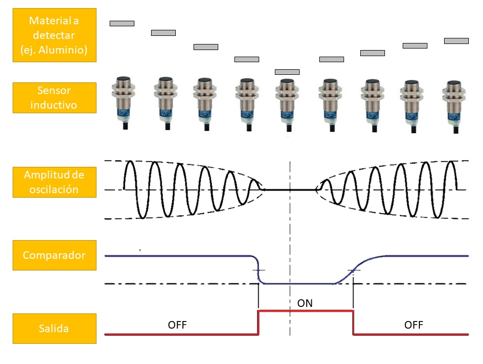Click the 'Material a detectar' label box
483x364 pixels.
pyautogui.click(x=54, y=36)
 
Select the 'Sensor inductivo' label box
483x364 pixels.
pyautogui.click(x=54, y=98)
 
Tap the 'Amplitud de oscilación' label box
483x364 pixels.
pyautogui.click(x=54, y=182)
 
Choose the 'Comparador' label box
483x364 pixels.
pyautogui.click(x=54, y=255)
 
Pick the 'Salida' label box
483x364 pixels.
pyautogui.click(x=54, y=329)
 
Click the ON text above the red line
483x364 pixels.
pyautogui.click(x=305, y=303)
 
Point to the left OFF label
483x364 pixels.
pyautogui.click(x=177, y=325)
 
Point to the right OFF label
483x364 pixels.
pyautogui.click(x=414, y=325)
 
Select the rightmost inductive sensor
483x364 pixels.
pyautogui.click(x=453, y=101)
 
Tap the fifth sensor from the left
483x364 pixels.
pyautogui.click(x=287, y=101)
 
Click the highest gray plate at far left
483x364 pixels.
pyautogui.click(x=122, y=23)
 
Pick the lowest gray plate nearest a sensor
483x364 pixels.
pyautogui.click(x=287, y=72)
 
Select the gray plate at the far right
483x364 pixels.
pyautogui.click(x=456, y=41)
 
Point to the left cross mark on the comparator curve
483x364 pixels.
pyautogui.click(x=259, y=270)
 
